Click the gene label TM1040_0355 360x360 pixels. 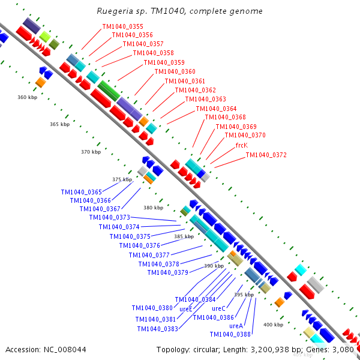122,26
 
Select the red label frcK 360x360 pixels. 241,145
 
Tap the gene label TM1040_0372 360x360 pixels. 266,155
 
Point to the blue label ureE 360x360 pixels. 186,309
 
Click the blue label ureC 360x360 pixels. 218,308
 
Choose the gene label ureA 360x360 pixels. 236,326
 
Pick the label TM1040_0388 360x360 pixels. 230,334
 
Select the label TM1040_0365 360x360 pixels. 81,192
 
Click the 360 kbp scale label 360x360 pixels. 27,97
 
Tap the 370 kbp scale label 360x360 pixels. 91,152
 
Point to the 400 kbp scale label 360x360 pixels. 273,325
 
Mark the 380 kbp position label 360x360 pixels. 153,208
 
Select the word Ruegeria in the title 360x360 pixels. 114,11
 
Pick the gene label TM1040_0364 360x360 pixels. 216,109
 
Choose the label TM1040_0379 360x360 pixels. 167,272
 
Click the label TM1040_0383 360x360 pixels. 157,328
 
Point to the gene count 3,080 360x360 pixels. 345,349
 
